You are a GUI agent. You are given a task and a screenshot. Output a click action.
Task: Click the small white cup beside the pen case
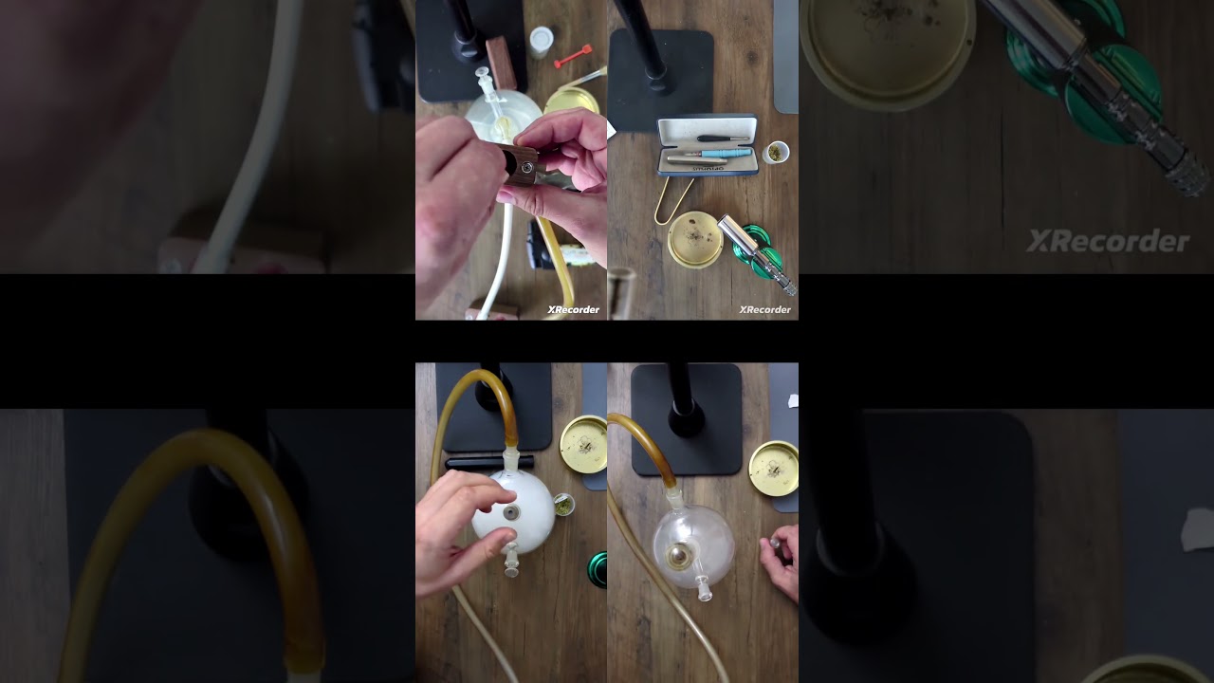click(775, 152)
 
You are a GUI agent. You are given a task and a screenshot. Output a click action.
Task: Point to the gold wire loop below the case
click(671, 201)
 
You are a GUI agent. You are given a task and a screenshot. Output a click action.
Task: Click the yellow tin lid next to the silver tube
click(695, 238)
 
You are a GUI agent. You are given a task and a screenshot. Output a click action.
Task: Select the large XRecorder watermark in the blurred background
click(1107, 242)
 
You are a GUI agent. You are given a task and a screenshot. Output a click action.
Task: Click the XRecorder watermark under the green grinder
click(764, 309)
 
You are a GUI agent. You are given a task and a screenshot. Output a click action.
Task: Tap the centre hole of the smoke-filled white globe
click(512, 512)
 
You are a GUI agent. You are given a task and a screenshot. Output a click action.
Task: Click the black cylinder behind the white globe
click(488, 462)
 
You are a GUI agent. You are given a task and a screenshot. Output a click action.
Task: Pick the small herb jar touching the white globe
click(563, 501)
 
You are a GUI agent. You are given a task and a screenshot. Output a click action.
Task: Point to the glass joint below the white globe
click(512, 566)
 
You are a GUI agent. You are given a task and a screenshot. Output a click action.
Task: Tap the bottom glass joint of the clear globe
click(704, 590)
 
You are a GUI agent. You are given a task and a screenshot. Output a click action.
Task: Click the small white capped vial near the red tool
click(540, 40)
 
